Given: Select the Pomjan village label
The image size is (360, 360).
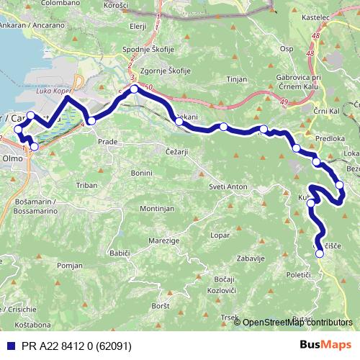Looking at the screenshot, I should tap(71, 266).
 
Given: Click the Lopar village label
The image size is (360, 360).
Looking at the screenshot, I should tap(220, 235).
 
